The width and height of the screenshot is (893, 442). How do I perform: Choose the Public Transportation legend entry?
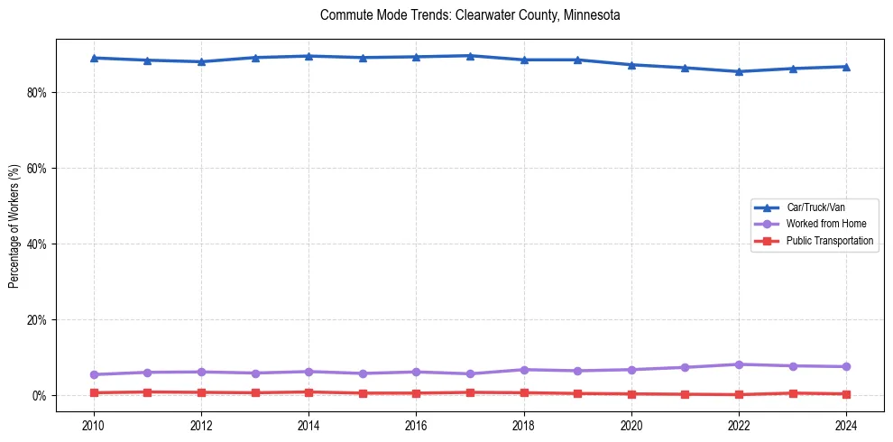pyautogui.click(x=829, y=241)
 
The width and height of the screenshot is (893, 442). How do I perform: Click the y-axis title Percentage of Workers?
pyautogui.click(x=14, y=226)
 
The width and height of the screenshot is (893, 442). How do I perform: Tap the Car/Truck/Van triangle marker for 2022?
pyautogui.click(x=739, y=71)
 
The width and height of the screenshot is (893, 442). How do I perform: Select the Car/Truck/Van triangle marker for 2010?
pyautogui.click(x=94, y=58)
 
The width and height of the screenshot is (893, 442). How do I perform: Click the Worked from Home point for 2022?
pyautogui.click(x=739, y=364)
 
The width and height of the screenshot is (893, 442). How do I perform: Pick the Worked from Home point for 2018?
pyautogui.click(x=524, y=370)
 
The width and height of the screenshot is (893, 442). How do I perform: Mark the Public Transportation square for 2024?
pyautogui.click(x=846, y=394)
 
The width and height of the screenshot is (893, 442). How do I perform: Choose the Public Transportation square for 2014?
pyautogui.click(x=308, y=392)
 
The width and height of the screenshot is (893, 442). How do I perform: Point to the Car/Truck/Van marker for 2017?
pyautogui.click(x=470, y=56)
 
